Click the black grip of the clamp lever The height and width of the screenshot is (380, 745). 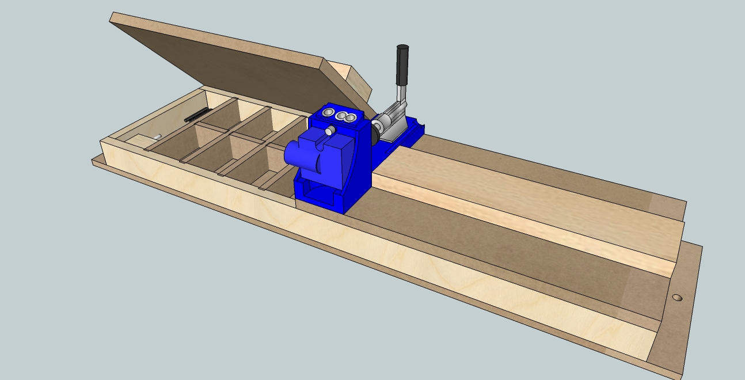pos(401,64)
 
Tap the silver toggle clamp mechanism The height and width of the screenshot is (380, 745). pos(393,121)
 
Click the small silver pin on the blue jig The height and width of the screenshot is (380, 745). pos(329,131)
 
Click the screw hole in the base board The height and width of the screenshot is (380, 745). pos(677,298)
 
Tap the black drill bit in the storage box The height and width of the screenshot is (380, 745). pos(196,115)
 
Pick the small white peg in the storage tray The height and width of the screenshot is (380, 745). pos(156,136)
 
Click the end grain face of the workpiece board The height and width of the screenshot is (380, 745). pos(679,242)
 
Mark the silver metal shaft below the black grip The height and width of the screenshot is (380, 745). pos(402,93)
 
